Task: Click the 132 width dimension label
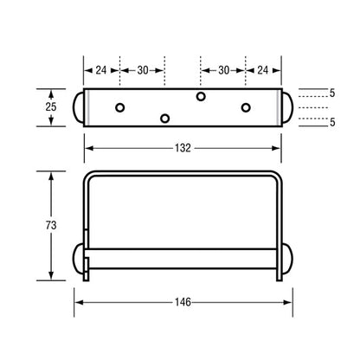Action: [181, 149]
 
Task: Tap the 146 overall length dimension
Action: [181, 303]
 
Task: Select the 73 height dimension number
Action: [52, 224]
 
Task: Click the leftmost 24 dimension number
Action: [101, 69]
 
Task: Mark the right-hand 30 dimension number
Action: [222, 69]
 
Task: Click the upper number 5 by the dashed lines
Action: [332, 93]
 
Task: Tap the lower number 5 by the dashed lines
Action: [332, 122]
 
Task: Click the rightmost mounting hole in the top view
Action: [246, 107]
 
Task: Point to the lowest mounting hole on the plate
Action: [164, 118]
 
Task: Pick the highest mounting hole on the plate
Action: [201, 95]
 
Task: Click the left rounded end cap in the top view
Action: [78, 106]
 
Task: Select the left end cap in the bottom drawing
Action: [78, 259]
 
